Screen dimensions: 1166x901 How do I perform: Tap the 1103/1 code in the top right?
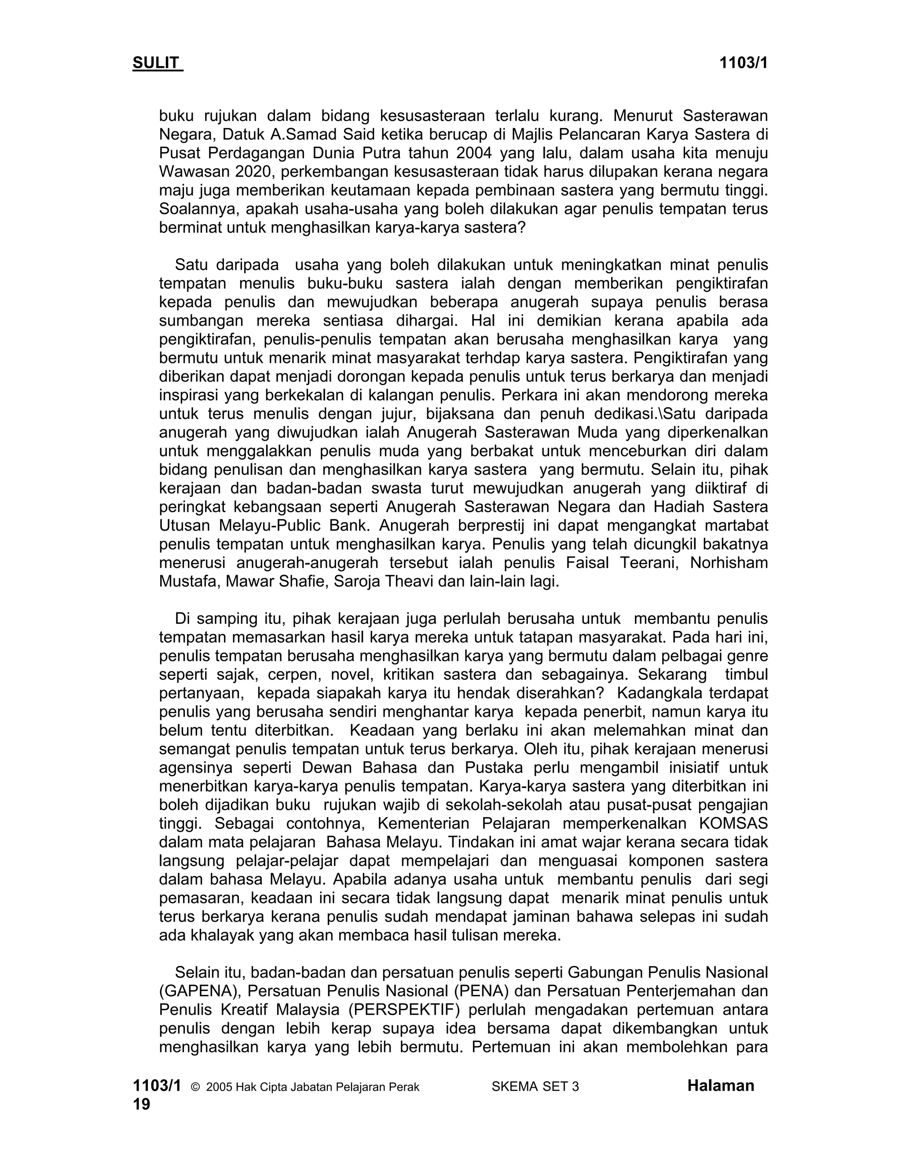(743, 63)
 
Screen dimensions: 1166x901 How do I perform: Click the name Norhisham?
(729, 563)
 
